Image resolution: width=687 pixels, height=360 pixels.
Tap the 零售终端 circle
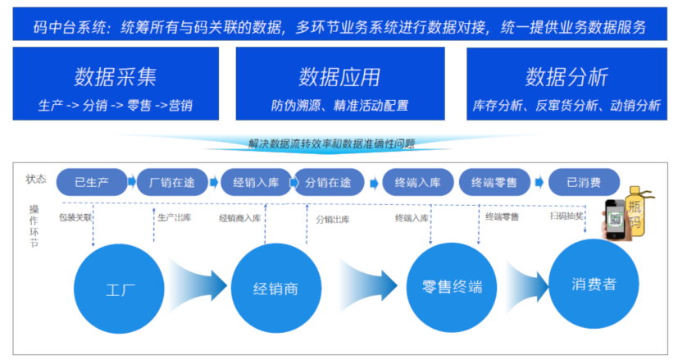(452, 288)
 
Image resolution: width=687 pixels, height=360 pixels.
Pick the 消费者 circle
(594, 285)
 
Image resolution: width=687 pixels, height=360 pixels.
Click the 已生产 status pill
(93, 182)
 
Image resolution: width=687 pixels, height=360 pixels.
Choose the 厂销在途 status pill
(170, 182)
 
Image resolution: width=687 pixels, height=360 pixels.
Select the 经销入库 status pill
(255, 182)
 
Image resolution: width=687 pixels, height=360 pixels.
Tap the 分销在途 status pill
(328, 182)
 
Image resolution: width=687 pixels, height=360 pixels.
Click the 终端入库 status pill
(417, 182)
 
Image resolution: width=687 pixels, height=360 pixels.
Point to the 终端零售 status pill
(494, 182)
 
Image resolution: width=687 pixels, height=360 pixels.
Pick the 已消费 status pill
(584, 182)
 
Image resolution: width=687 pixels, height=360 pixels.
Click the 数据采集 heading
(115, 77)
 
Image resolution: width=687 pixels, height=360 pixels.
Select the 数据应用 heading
(339, 77)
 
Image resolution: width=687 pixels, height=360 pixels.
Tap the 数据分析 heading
(566, 77)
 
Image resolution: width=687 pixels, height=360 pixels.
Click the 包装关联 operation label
(75, 218)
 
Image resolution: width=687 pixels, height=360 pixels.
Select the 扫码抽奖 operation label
(566, 216)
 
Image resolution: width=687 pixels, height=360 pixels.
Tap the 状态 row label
(36, 180)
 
